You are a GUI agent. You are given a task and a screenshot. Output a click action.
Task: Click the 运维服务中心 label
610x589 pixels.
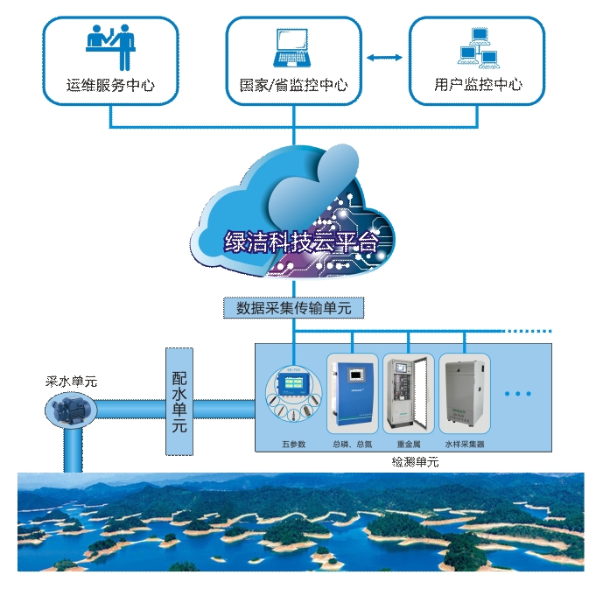pyautogui.click(x=110, y=86)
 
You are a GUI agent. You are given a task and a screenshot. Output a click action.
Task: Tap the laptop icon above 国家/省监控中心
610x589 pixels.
pyautogui.click(x=293, y=48)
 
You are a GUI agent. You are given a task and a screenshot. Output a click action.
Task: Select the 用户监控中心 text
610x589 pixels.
pyautogui.click(x=478, y=86)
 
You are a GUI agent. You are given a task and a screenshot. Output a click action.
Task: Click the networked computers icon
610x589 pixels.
pyautogui.click(x=477, y=48)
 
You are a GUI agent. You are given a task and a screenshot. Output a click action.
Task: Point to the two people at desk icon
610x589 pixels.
pyautogui.click(x=110, y=46)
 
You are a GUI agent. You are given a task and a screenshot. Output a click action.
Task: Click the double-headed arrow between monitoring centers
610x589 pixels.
pyautogui.click(x=385, y=58)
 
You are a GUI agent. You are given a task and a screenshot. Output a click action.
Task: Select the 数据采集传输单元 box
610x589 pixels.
pyautogui.click(x=293, y=308)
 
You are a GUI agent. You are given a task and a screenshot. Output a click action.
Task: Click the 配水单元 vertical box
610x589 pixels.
pyautogui.click(x=179, y=401)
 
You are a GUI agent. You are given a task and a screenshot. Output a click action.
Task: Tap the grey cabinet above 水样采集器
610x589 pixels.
pyautogui.click(x=464, y=394)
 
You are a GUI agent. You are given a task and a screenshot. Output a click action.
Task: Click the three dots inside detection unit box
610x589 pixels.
pyautogui.click(x=518, y=394)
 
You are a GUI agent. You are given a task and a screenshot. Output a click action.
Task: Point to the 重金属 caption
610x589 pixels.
pyautogui.click(x=409, y=445)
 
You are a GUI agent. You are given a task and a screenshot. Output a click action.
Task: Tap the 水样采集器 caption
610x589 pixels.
pyautogui.click(x=465, y=445)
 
